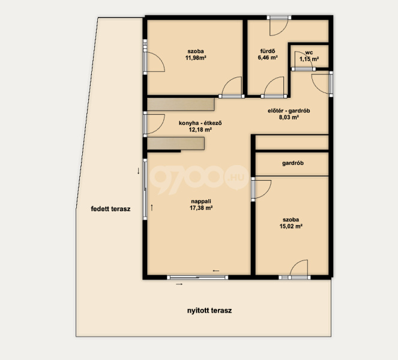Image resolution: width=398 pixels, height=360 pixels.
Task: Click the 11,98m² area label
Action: pos(196,58)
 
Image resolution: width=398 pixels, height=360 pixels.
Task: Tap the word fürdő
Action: pos(268,51)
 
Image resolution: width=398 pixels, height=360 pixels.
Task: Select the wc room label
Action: pos(309,53)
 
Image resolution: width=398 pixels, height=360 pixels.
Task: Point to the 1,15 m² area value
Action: pos(309,59)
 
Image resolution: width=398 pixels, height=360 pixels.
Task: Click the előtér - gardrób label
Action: pos(289,110)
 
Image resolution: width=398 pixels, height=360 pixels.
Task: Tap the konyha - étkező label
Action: pos(201,123)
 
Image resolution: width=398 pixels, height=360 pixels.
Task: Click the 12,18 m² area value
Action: pos(201,130)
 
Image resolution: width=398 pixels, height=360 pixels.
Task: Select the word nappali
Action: pos(201,202)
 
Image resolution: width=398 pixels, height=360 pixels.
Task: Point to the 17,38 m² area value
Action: pos(201,208)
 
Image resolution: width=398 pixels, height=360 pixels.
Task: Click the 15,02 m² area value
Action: pos(291,226)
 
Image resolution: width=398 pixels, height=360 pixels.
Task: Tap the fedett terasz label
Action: pos(110,209)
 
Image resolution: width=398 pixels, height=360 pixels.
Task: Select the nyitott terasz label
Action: pos(210,311)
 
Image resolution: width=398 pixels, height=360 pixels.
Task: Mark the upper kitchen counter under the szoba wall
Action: pos(181,104)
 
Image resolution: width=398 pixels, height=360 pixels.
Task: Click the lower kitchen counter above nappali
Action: pos(176,143)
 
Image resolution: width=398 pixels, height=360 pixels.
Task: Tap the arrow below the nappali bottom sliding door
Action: pos(179,284)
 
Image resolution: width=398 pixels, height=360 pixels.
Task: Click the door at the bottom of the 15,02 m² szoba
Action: pos(299,269)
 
